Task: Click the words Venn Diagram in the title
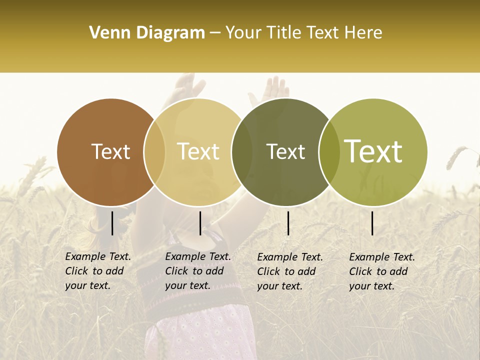click(x=147, y=33)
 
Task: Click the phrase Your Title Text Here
click(x=303, y=33)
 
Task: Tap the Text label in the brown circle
click(x=110, y=151)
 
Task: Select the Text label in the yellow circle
click(x=198, y=151)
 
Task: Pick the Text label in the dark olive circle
click(x=285, y=151)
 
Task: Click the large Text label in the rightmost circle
click(x=373, y=151)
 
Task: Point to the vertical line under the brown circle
click(x=112, y=223)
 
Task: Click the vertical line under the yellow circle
click(x=200, y=223)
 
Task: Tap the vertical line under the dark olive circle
click(x=288, y=223)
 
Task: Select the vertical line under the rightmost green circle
click(x=372, y=223)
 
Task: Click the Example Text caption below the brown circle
click(x=98, y=271)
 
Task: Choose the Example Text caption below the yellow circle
click(x=198, y=271)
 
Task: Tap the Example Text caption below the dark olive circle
click(x=290, y=271)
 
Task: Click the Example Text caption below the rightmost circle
click(x=382, y=271)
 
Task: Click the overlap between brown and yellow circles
click(x=154, y=152)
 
